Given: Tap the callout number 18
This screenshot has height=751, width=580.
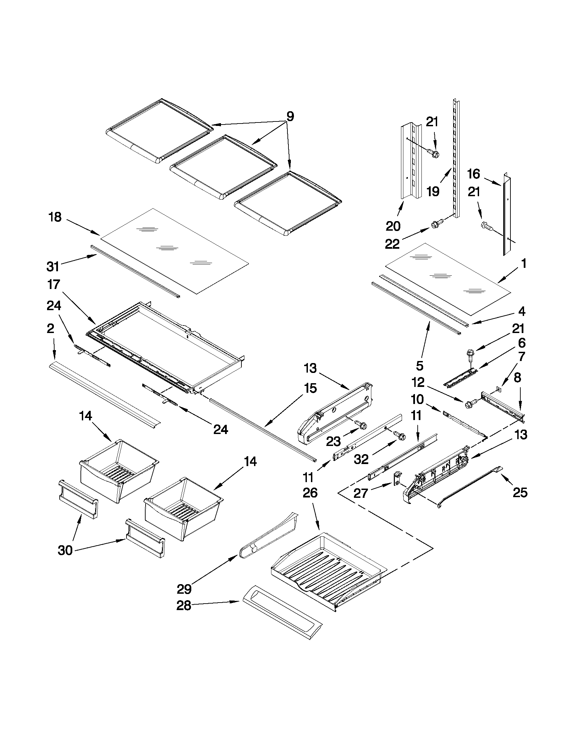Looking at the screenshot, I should coord(55,217).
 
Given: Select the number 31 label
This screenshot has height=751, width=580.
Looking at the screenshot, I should coord(53,266).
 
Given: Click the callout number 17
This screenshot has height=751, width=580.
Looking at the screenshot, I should coord(54,285).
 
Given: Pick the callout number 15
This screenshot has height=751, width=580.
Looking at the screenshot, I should coord(310,388).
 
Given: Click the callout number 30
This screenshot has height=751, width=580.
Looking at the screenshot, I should coord(65,550).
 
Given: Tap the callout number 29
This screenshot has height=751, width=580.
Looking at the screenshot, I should coord(184,589).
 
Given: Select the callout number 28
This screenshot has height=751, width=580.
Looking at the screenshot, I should coord(184,606).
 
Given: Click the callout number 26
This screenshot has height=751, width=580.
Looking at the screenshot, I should coord(310,493).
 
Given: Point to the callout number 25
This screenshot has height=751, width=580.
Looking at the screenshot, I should coord(520,493).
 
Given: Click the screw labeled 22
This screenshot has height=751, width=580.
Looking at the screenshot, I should coord(436,225).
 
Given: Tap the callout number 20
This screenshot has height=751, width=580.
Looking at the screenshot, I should coord(393,226).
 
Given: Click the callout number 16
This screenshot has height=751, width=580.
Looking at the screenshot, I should coord(474,174).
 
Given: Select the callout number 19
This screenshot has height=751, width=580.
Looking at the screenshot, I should coord(433,191).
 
